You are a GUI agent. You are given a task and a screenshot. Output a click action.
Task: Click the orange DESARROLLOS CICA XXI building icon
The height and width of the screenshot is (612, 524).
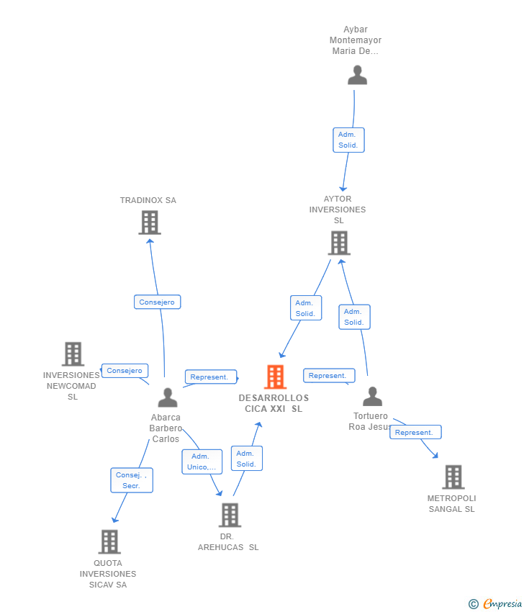276,377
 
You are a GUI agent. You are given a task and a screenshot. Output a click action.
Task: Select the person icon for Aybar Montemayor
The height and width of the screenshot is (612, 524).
358,75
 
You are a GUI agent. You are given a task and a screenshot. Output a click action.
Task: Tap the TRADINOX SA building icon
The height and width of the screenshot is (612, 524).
150,222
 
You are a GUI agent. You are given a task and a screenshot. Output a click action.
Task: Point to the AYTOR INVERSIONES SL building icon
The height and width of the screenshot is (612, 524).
339,243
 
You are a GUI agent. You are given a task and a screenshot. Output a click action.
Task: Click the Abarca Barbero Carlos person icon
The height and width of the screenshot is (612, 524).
168,397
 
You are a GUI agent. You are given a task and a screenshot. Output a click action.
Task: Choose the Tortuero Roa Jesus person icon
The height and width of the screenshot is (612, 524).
373,396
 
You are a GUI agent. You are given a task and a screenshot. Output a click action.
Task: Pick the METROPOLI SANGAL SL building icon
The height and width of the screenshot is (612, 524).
453,477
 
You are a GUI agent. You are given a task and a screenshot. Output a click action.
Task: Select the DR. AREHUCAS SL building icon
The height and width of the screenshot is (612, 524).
230,516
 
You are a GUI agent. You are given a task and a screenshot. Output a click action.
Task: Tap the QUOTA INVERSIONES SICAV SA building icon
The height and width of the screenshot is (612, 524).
109,541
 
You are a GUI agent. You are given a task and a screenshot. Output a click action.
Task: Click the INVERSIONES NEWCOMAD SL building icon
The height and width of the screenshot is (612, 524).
73,354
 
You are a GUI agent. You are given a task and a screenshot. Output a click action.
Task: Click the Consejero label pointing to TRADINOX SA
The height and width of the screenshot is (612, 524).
157,302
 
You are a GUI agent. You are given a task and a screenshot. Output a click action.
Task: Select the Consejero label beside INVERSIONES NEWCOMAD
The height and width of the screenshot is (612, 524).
125,370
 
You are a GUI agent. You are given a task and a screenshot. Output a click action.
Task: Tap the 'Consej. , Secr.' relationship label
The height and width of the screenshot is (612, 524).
132,480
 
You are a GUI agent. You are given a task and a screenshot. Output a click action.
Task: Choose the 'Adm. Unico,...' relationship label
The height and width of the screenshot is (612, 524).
202,462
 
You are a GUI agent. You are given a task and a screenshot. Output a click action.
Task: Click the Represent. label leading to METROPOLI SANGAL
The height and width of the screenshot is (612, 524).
415,432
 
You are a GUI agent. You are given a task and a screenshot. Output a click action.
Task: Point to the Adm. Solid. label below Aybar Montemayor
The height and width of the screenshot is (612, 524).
348,140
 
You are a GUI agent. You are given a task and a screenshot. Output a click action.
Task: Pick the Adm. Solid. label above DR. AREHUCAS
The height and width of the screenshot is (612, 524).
247,458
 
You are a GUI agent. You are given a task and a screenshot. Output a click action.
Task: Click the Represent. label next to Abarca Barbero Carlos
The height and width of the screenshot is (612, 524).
211,377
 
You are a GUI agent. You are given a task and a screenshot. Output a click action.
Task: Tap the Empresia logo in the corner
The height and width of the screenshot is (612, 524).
495,603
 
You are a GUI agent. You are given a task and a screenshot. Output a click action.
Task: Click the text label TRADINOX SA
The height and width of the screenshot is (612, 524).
148,200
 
